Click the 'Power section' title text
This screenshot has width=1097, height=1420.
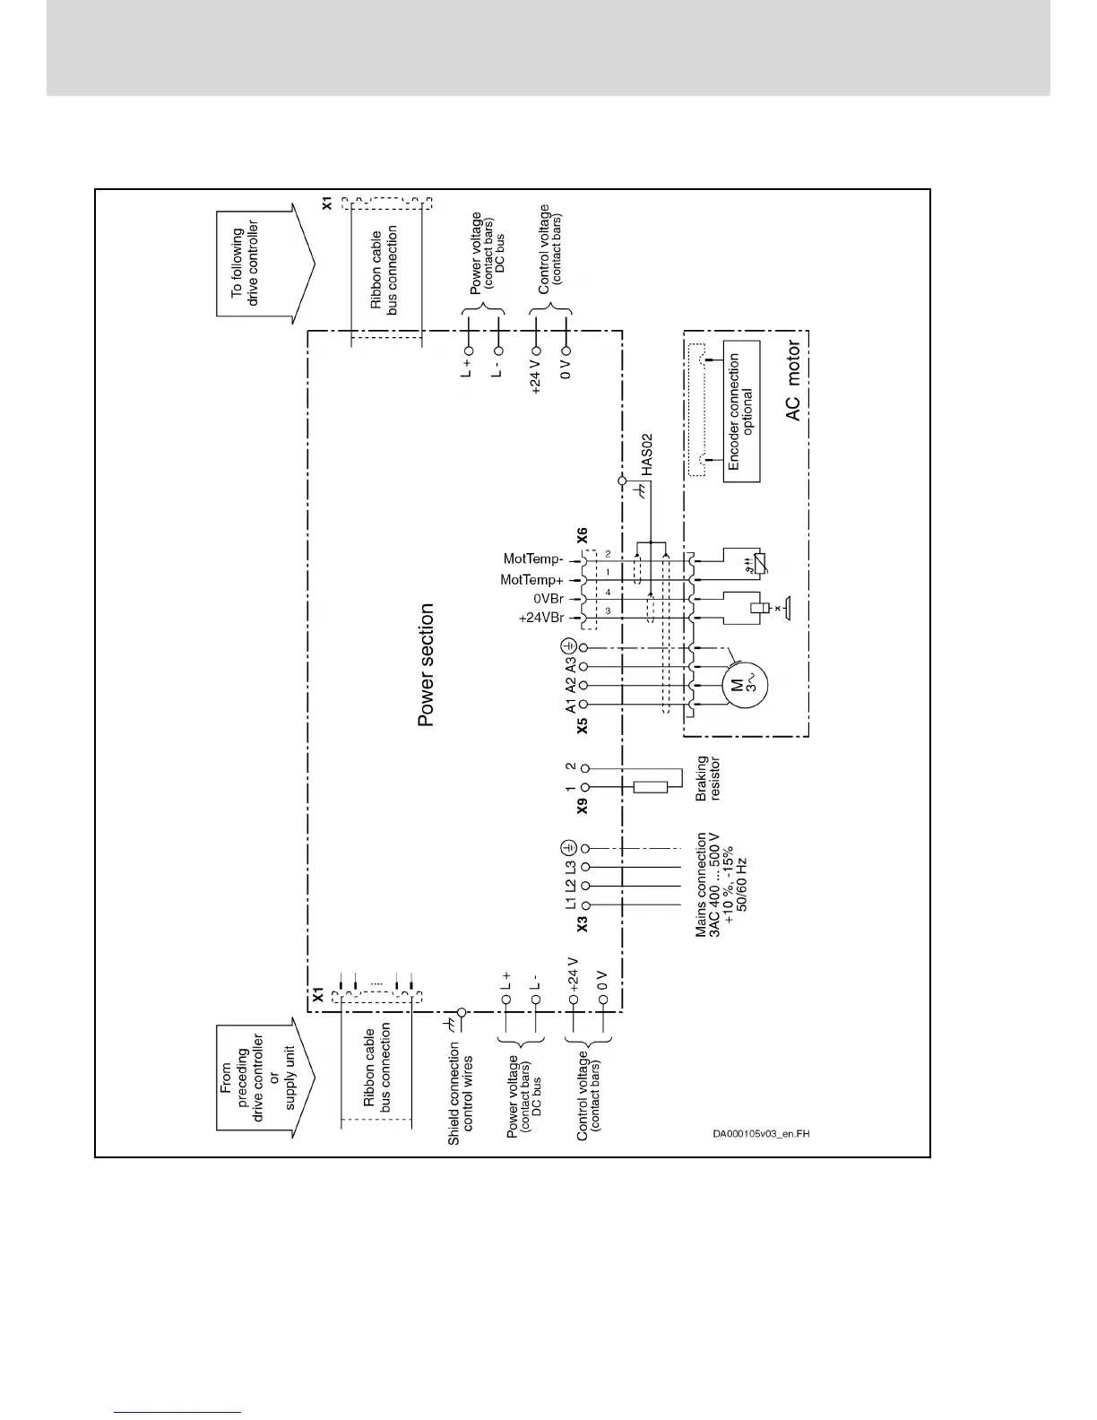[427, 664]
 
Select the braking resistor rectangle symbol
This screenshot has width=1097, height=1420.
[650, 787]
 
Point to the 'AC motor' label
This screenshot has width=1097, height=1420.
[794, 383]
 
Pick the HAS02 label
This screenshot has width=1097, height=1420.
[647, 455]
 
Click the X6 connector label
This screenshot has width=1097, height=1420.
[582, 536]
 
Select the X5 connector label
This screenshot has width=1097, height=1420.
[583, 725]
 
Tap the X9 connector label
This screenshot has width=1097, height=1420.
[583, 806]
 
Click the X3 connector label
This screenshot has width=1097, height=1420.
[583, 924]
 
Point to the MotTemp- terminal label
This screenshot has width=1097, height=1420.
[534, 559]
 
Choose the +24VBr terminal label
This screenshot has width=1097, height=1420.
[541, 619]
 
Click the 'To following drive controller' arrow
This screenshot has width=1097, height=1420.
[265, 264]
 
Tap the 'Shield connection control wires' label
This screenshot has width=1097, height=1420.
[461, 1093]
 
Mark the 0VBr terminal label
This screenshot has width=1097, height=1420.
[548, 599]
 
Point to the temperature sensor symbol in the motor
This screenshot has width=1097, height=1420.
[753, 566]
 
